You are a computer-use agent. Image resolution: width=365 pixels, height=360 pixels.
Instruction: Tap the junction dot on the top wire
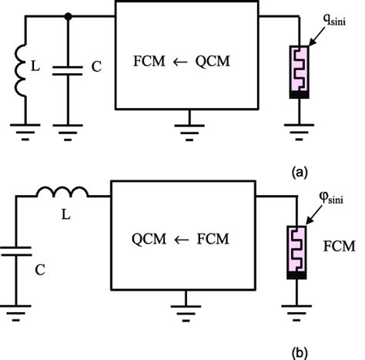pyautogui.click(x=69, y=15)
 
